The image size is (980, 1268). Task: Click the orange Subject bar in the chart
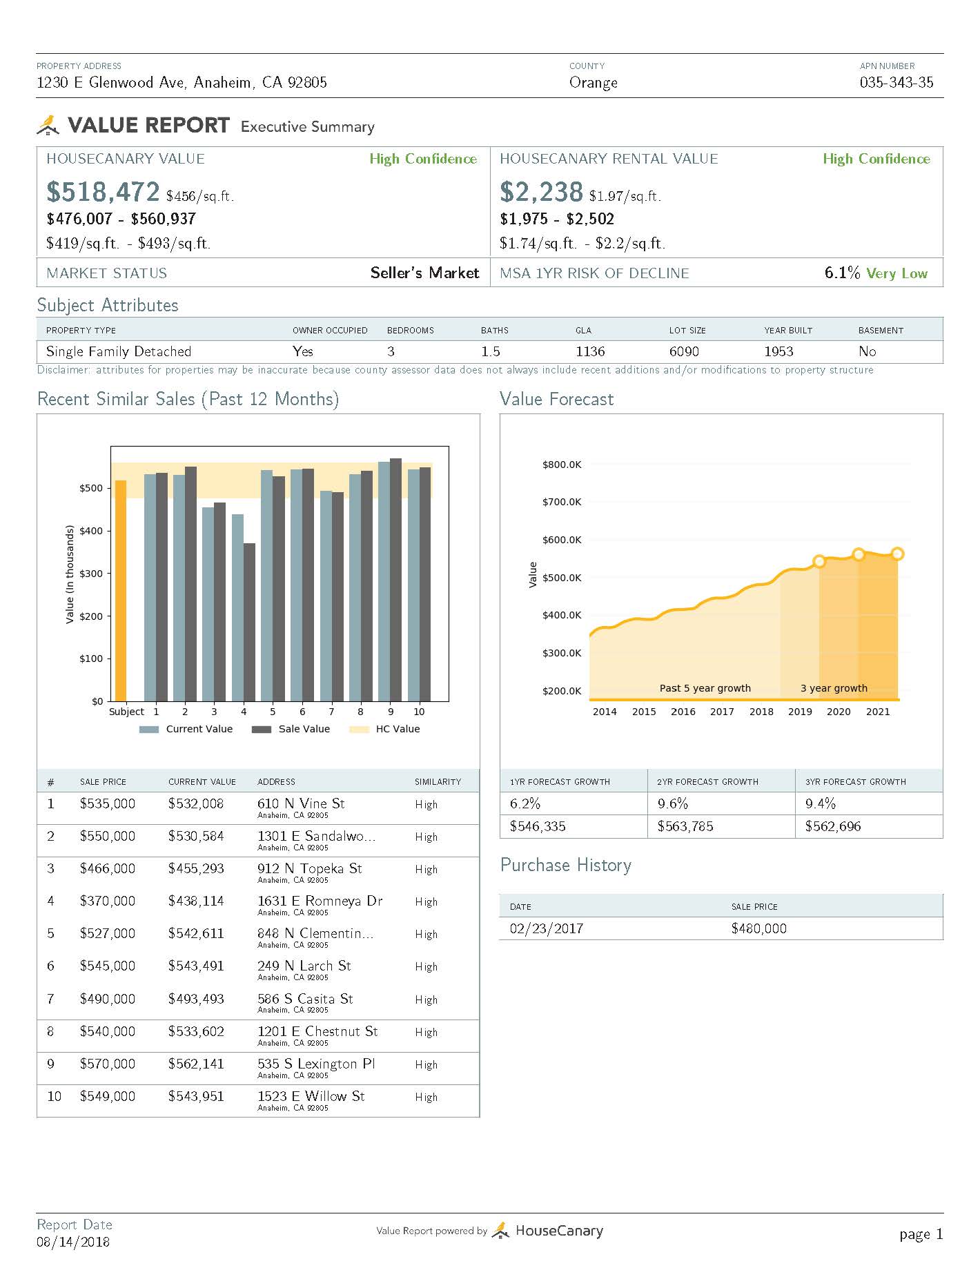(x=121, y=590)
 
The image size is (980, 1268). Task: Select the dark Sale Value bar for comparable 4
(x=249, y=621)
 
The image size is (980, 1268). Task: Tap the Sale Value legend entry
(x=291, y=729)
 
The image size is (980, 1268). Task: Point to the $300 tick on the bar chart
(x=91, y=574)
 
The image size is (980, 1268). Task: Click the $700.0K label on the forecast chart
(x=561, y=502)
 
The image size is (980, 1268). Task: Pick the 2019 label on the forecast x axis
(x=800, y=712)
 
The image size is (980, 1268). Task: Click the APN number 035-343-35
(x=896, y=83)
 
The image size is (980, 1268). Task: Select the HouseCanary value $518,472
(x=103, y=192)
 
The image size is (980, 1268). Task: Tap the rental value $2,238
(x=541, y=192)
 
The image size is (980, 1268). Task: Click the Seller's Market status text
(x=424, y=273)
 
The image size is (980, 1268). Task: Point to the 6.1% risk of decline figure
(x=842, y=273)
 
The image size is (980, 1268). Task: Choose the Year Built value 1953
(x=778, y=351)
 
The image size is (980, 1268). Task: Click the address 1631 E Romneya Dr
(x=320, y=901)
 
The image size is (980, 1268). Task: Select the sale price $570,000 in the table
(x=108, y=1064)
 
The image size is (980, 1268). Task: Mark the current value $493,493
(x=196, y=999)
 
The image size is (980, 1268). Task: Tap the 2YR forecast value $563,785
(x=685, y=826)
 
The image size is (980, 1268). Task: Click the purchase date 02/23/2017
(x=547, y=928)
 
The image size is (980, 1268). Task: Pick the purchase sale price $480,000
(x=758, y=928)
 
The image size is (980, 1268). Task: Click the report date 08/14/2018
(x=73, y=1242)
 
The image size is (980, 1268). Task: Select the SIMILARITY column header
(x=438, y=782)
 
